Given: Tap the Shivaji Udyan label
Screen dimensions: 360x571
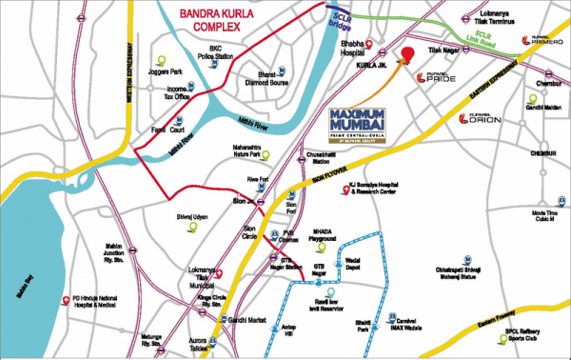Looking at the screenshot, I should (x=193, y=216).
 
